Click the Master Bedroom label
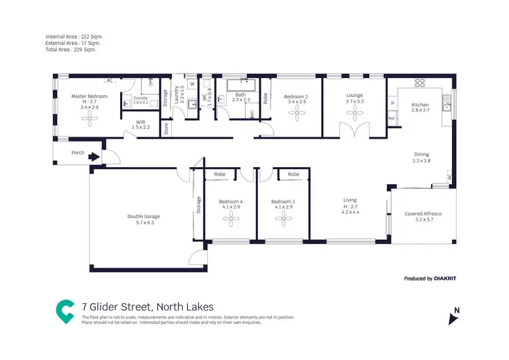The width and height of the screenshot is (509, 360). tap(90, 96)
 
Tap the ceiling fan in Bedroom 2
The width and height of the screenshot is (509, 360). tap(296, 113)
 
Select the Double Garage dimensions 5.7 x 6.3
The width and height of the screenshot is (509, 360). tap(141, 222)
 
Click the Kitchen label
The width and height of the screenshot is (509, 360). tap(420, 105)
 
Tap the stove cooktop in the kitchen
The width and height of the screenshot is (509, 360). tap(419, 83)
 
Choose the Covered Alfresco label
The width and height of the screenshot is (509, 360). tap(423, 214)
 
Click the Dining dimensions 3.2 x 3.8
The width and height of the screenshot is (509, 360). tap(421, 161)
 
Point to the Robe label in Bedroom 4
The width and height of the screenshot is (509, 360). tap(220, 175)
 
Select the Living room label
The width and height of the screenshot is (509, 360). tap(350, 200)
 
